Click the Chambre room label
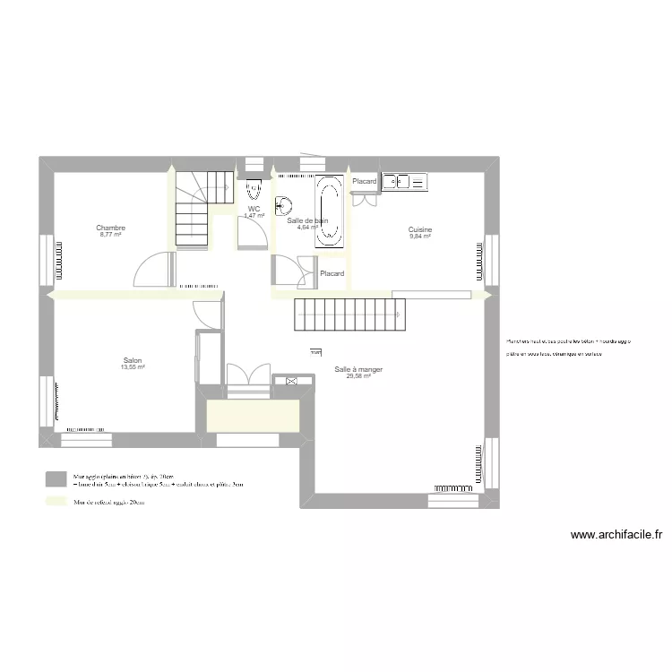[111, 228]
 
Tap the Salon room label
[134, 361]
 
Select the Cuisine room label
[420, 230]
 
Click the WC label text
[254, 210]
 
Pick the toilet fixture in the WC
[254, 189]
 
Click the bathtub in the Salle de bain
[328, 211]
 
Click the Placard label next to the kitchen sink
[365, 182]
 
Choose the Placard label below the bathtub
[332, 273]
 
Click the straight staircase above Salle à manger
[349, 314]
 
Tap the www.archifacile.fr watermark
[616, 536]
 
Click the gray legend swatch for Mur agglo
[56, 479]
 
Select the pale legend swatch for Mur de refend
[56, 503]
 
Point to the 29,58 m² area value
[358, 376]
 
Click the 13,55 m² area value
[134, 367]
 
